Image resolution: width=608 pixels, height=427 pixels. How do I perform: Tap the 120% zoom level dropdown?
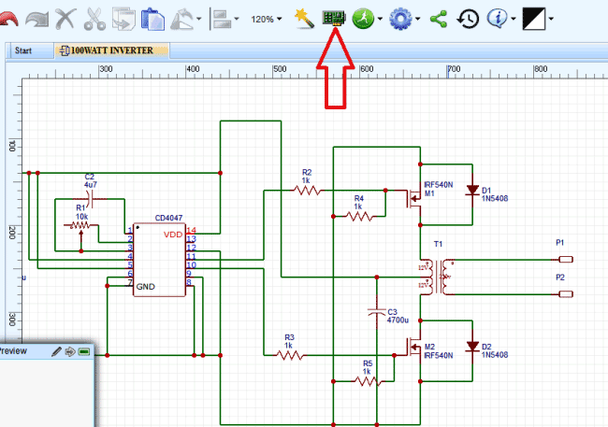click(267, 19)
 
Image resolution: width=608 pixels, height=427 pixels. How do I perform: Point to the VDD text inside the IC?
click(172, 234)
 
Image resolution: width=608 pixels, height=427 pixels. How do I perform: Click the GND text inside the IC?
click(147, 286)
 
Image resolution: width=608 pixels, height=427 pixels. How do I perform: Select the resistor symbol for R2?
click(308, 190)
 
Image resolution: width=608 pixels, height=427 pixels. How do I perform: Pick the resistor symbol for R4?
click(359, 216)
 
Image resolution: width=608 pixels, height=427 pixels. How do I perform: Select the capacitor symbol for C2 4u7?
click(89, 198)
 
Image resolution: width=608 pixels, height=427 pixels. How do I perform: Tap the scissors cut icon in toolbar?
click(94, 18)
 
